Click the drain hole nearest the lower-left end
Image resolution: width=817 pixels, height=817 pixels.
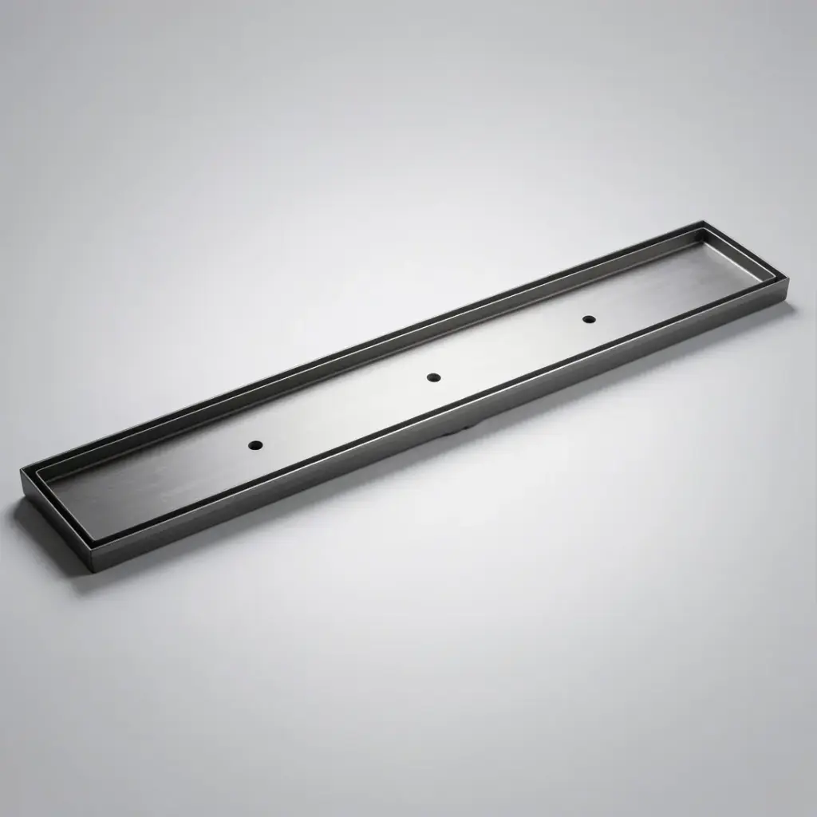[255, 444]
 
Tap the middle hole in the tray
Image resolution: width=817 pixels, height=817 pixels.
[433, 377]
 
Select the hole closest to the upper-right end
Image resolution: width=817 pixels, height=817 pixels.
[589, 319]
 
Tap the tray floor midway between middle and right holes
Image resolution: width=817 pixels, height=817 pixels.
[511, 348]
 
